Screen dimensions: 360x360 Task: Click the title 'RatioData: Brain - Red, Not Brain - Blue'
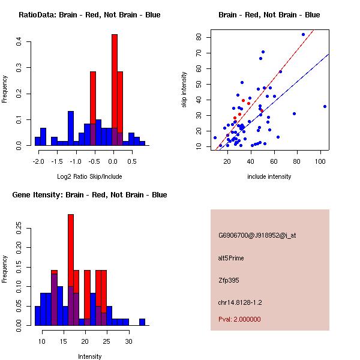click(89, 15)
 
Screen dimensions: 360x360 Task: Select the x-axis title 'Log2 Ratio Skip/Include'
click(89, 176)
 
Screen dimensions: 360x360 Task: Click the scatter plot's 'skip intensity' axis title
click(185, 90)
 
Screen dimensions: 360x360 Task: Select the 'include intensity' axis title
click(269, 176)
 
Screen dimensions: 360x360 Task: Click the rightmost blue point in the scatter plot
click(325, 106)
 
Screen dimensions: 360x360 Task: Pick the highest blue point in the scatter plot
click(303, 34)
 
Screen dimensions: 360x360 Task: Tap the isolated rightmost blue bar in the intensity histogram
click(142, 322)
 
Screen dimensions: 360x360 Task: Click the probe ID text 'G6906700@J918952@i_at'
click(257, 235)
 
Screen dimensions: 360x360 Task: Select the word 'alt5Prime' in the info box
click(231, 258)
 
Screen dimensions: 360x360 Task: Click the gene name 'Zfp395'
click(229, 280)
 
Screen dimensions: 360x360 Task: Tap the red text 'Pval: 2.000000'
click(239, 319)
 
